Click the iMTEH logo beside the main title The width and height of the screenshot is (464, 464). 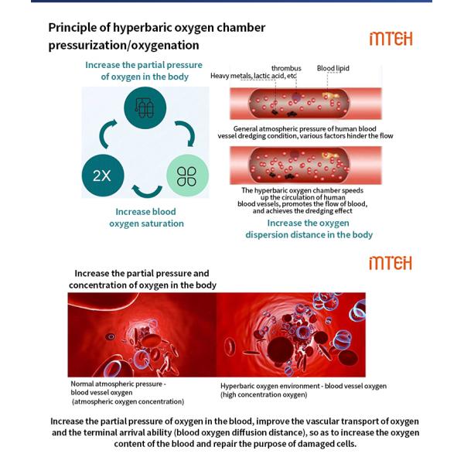click(x=391, y=39)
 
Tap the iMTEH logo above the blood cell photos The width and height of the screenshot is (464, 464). click(x=391, y=263)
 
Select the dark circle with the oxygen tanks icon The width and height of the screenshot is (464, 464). click(x=145, y=107)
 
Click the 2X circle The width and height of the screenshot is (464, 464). click(x=103, y=176)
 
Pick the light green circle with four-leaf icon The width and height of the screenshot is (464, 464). click(x=187, y=176)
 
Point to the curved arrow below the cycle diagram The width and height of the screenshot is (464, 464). click(x=147, y=192)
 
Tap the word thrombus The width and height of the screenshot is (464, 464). click(x=286, y=68)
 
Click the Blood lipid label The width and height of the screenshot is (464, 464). click(x=333, y=68)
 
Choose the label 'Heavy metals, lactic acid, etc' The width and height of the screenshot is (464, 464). click(x=254, y=76)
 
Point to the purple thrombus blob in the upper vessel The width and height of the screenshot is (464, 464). click(x=296, y=97)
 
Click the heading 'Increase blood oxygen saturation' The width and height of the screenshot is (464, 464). click(x=146, y=217)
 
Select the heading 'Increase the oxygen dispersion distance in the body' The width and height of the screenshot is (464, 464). click(x=309, y=229)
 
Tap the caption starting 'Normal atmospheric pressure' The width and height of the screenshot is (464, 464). click(x=128, y=393)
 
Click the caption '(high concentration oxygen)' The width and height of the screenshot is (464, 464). click(x=264, y=394)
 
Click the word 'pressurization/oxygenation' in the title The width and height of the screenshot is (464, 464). click(x=124, y=46)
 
